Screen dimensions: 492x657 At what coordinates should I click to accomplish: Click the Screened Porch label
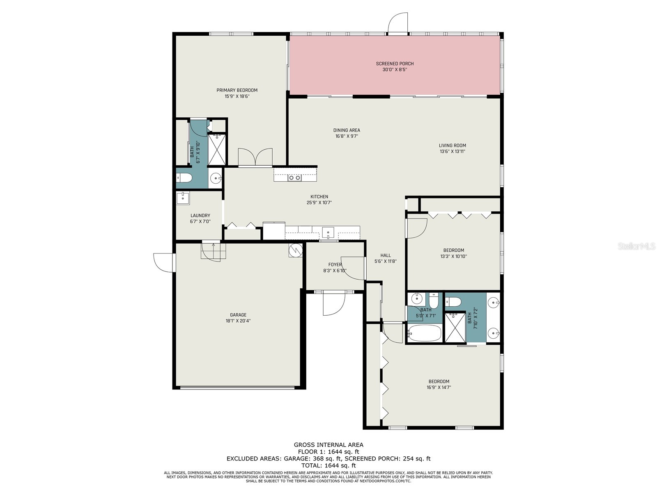[395, 64]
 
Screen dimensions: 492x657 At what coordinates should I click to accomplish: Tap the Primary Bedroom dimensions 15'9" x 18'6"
[237, 96]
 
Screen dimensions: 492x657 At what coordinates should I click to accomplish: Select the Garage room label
[238, 315]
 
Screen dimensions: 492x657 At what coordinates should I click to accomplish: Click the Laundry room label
[200, 216]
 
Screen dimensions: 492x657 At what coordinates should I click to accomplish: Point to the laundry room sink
[183, 198]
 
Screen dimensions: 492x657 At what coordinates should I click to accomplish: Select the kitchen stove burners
[294, 178]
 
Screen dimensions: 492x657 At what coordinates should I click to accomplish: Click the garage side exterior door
[164, 263]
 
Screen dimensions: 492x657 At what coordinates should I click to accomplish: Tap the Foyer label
[335, 264]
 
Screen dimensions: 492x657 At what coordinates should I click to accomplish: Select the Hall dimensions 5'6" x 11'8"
[385, 261]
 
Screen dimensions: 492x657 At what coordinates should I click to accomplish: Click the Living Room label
[452, 145]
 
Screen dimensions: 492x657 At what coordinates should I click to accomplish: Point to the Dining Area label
[347, 130]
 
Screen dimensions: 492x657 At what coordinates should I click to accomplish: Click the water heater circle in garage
[295, 250]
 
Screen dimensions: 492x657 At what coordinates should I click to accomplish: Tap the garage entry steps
[213, 251]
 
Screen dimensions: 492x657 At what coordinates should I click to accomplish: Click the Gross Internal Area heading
[328, 444]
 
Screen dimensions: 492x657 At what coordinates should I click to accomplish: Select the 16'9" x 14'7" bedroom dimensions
[439, 387]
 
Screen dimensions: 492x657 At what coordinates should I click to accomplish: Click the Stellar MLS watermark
[636, 246]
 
